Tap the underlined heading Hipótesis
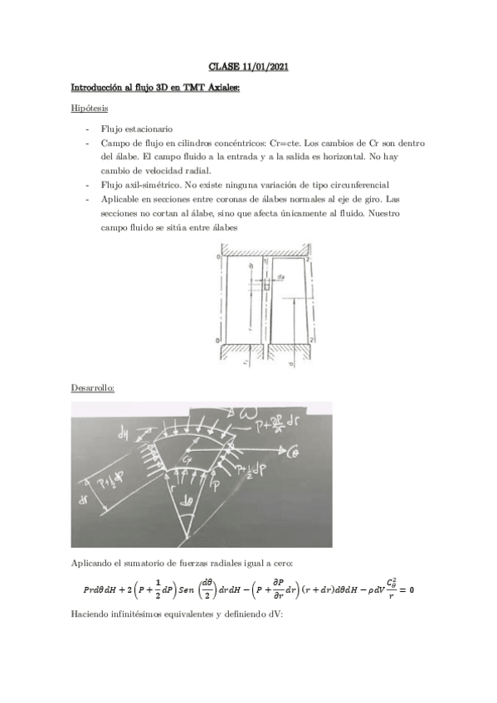[88, 108]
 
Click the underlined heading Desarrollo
[92, 388]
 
